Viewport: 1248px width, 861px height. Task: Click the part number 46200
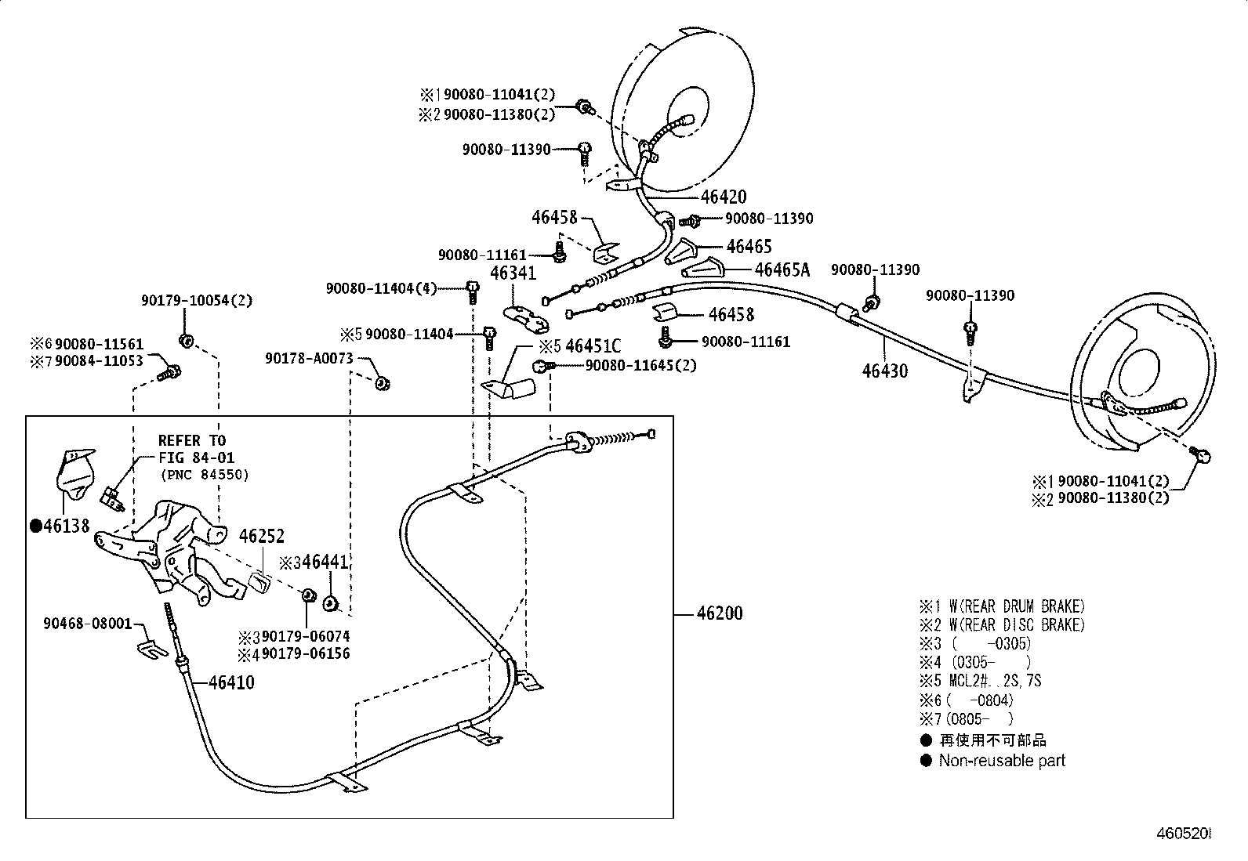pyautogui.click(x=719, y=613)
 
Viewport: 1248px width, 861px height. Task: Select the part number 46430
pyautogui.click(x=884, y=371)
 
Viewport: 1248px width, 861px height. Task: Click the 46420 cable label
pyautogui.click(x=723, y=197)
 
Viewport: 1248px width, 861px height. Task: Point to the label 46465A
pyautogui.click(x=781, y=270)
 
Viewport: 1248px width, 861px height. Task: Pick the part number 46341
pyautogui.click(x=513, y=273)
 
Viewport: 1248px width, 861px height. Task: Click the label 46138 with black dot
pyautogui.click(x=60, y=526)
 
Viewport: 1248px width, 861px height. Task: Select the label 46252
pyautogui.click(x=261, y=537)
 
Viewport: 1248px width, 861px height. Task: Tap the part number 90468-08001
pyautogui.click(x=88, y=624)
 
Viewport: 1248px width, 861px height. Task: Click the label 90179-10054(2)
pyautogui.click(x=197, y=301)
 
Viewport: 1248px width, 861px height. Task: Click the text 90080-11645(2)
pyautogui.click(x=640, y=366)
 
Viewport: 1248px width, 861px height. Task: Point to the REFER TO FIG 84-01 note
pyautogui.click(x=196, y=457)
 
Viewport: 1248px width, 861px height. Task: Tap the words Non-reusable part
pyautogui.click(x=1002, y=761)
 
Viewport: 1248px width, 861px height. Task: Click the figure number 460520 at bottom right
pyautogui.click(x=1182, y=835)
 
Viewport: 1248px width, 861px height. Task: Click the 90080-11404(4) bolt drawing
pyautogui.click(x=472, y=291)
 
